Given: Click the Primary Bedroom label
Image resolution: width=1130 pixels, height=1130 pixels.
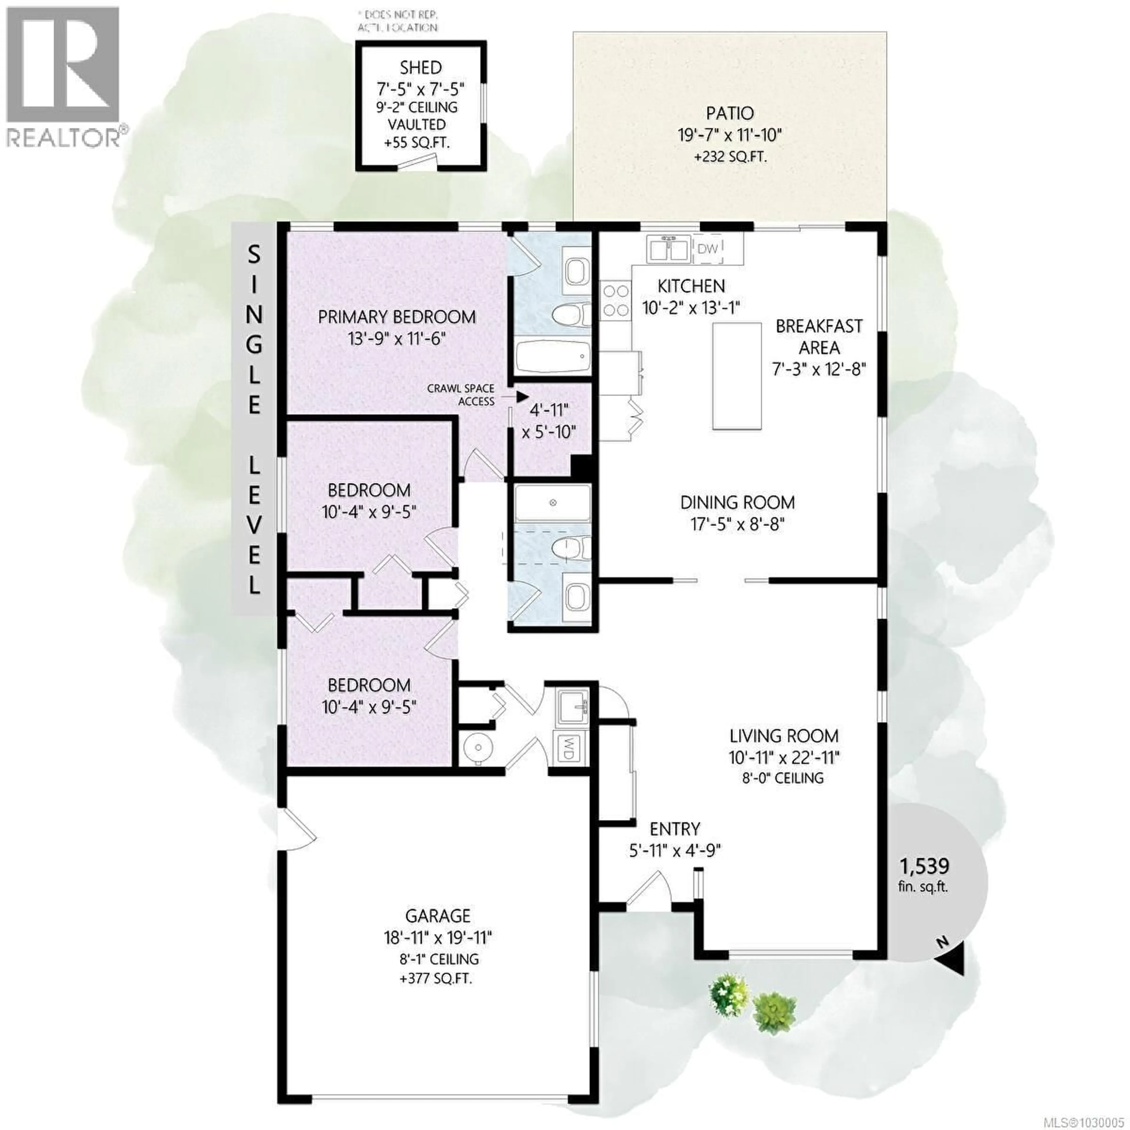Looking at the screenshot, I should [x=397, y=317].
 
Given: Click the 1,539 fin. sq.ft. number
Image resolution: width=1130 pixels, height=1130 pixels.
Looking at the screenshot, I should [x=924, y=866].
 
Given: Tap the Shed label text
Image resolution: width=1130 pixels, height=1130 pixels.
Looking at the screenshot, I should [x=421, y=68].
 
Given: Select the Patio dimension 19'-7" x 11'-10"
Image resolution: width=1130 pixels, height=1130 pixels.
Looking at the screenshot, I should [x=729, y=135].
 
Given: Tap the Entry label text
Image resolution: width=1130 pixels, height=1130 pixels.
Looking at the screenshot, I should [x=674, y=829].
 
